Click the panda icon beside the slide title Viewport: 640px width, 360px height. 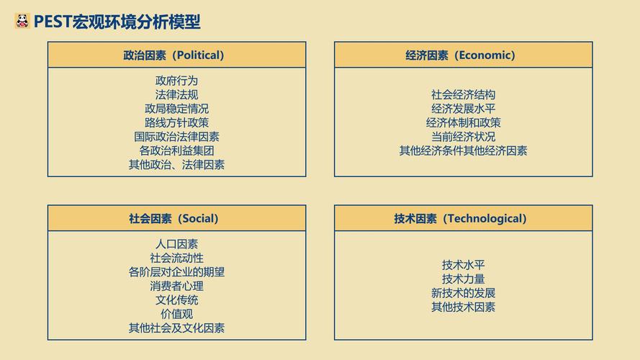22,22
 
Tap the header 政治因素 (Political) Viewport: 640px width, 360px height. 176,55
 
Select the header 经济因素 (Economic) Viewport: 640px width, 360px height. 463,55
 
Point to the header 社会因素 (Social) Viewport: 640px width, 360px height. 176,218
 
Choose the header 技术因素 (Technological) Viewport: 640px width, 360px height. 463,218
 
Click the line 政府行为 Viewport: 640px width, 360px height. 176,81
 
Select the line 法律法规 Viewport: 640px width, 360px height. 176,94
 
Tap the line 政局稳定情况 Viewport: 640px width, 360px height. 176,109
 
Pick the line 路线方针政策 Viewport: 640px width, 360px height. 176,122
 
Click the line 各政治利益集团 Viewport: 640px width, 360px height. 176,150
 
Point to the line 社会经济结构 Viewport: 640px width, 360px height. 463,94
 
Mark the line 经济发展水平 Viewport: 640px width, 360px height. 463,109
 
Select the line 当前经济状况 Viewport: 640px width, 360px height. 463,137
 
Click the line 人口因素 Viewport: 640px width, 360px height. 176,244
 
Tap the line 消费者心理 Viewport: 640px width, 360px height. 176,286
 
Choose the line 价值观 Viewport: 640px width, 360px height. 176,314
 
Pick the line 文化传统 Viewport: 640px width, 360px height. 176,300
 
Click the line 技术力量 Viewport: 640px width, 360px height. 463,279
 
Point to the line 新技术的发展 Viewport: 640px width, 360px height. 463,293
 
